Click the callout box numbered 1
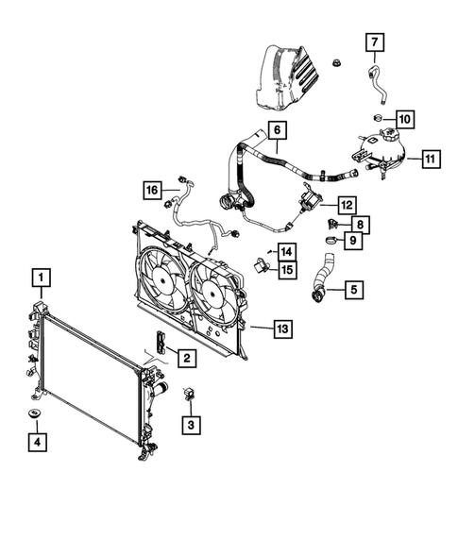(40, 278)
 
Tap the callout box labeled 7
(373, 42)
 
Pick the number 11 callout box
(430, 159)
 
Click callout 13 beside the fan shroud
(282, 329)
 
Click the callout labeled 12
(346, 204)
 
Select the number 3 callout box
(190, 425)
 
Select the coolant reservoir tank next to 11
(381, 151)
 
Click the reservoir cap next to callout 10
(377, 118)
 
